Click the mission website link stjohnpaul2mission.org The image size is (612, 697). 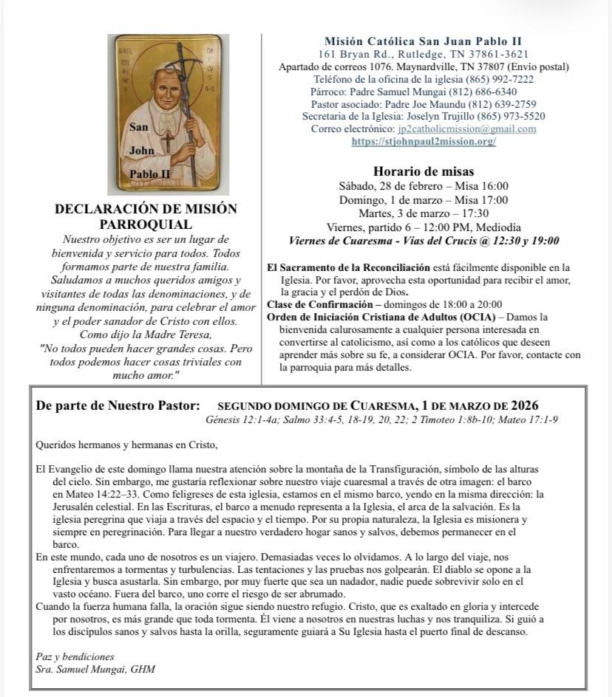(x=424, y=142)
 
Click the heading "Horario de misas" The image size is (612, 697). (x=424, y=171)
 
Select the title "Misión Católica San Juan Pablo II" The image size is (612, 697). (x=423, y=41)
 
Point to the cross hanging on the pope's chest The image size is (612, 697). (x=168, y=140)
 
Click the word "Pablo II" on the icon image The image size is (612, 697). (x=150, y=174)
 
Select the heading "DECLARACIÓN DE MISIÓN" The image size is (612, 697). (x=146, y=209)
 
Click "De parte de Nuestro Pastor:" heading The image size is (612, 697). (x=118, y=405)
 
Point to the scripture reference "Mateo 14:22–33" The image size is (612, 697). (x=85, y=494)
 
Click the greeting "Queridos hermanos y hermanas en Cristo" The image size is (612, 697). (x=126, y=445)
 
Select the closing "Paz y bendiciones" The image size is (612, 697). (x=75, y=656)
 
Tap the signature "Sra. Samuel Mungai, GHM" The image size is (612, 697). (x=96, y=669)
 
